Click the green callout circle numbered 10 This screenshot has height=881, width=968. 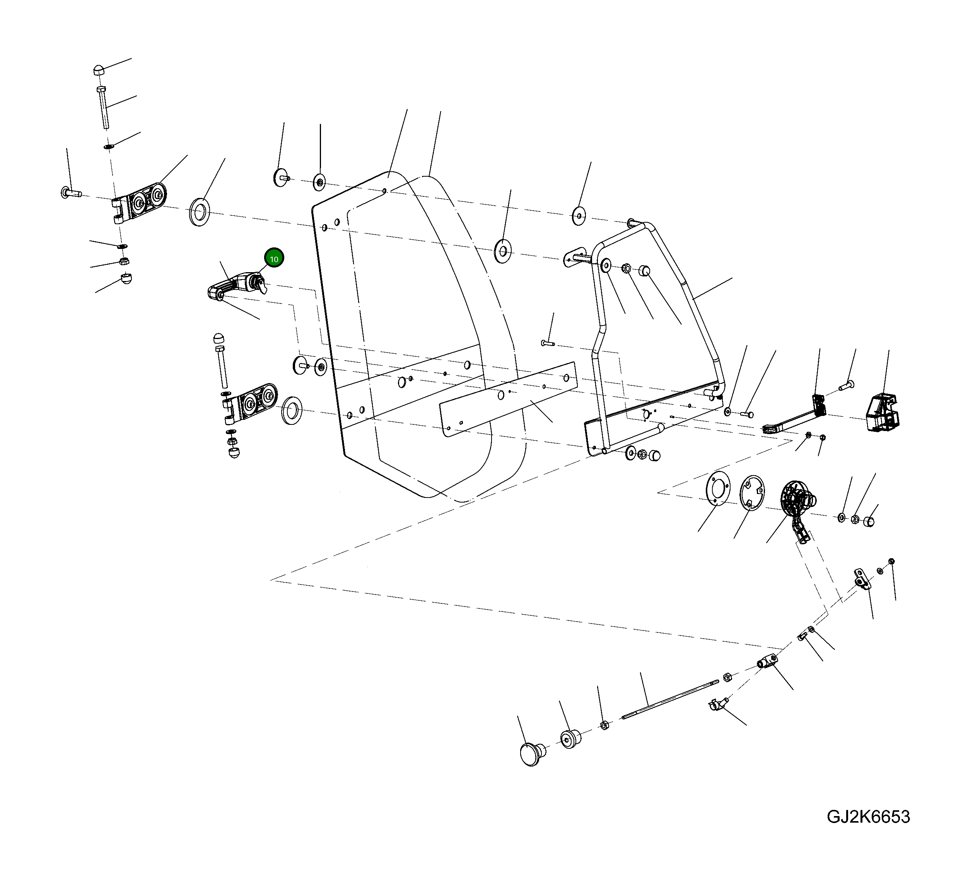pos(274,259)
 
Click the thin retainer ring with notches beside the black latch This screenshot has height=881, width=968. pos(752,493)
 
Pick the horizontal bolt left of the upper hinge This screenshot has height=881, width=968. pos(71,193)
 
